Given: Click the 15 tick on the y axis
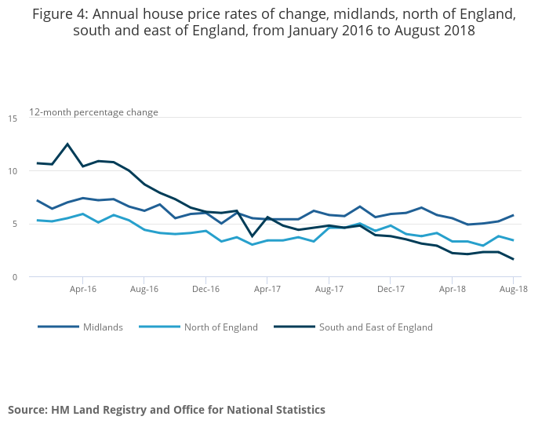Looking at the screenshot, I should pyautogui.click(x=13, y=118).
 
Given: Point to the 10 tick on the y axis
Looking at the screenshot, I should pyautogui.click(x=13, y=171).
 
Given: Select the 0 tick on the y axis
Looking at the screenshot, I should pyautogui.click(x=15, y=277).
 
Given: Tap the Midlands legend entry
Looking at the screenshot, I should pyautogui.click(x=103, y=327).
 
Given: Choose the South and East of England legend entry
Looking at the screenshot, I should pyautogui.click(x=376, y=327).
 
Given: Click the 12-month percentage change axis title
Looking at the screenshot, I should pyautogui.click(x=94, y=112).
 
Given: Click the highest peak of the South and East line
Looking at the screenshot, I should pyautogui.click(x=67, y=144).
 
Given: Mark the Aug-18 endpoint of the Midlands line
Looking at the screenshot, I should pyautogui.click(x=513, y=215).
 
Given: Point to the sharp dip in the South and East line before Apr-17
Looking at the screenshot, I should pyautogui.click(x=252, y=236).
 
